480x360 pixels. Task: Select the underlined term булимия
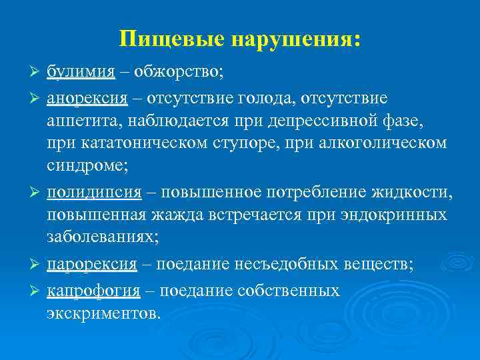(x=81, y=72)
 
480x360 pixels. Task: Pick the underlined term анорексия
(x=87, y=99)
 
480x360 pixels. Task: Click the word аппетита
(x=82, y=122)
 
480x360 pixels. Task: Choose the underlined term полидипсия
(x=94, y=194)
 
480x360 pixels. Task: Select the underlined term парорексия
(x=92, y=265)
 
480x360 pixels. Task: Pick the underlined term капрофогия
(x=93, y=291)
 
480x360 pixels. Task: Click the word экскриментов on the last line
(x=102, y=313)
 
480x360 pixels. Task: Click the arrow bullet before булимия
(x=37, y=72)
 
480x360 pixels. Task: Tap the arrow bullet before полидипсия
(x=37, y=194)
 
